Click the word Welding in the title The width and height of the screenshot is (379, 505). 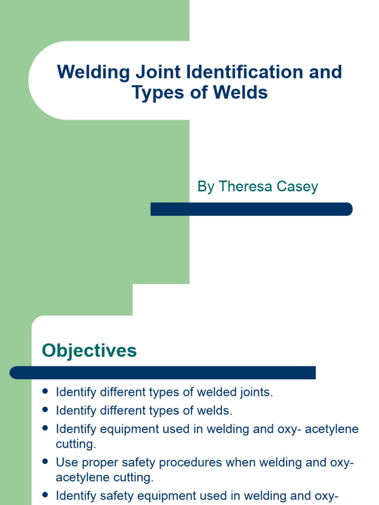coord(92,72)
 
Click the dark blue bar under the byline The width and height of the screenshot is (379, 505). coord(251,209)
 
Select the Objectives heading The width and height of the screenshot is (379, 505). coord(89,351)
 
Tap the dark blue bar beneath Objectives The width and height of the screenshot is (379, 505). coord(163,373)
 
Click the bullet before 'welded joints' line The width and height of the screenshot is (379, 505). coord(45,391)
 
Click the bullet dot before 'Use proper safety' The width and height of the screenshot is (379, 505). coord(45,462)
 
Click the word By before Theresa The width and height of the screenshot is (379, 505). coord(206,187)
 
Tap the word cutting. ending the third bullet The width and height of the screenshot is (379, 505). coord(76,444)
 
